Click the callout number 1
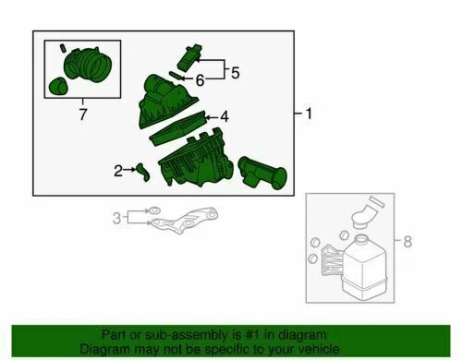[309, 114]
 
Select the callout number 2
[118, 171]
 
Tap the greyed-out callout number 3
[116, 218]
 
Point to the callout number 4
[225, 117]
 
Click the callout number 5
[235, 73]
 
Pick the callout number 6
[201, 80]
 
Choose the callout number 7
[83, 114]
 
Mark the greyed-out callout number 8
[407, 241]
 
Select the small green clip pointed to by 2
[143, 172]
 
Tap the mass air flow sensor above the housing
[188, 57]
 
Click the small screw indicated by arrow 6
[176, 76]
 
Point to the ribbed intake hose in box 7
[88, 65]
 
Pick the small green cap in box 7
[57, 86]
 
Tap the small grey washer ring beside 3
[154, 210]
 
